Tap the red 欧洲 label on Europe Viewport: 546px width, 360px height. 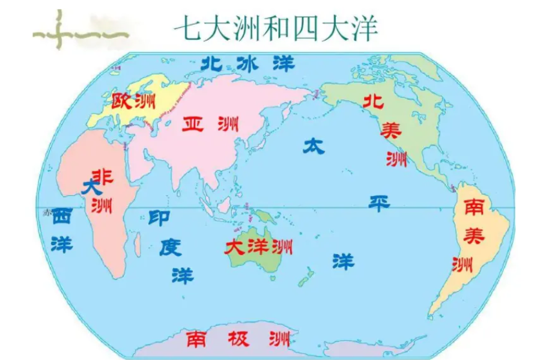129,101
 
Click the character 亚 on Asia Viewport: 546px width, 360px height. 193,124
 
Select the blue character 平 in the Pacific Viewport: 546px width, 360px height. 379,202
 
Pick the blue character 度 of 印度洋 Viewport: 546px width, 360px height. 170,246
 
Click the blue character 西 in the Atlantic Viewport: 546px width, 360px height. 61,216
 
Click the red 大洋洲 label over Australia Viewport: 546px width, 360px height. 258,246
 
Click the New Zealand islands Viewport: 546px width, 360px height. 306,277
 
